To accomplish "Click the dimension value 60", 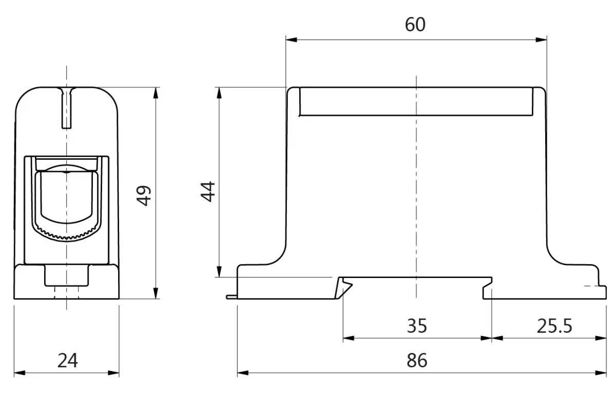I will click(x=415, y=25).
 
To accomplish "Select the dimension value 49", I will click(x=145, y=195).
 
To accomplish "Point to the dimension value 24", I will click(x=67, y=360).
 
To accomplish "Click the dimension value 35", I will click(x=416, y=326).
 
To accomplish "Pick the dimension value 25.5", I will click(x=554, y=326).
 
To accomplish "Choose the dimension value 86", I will click(x=416, y=360).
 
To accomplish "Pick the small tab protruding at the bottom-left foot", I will click(x=232, y=296).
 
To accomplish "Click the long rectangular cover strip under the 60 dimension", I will click(x=416, y=101).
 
